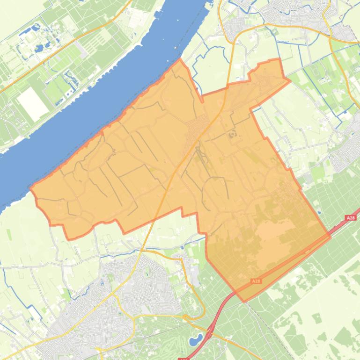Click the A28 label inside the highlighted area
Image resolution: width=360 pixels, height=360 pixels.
pos(256,281)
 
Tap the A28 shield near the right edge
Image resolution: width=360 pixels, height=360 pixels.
pos(350,218)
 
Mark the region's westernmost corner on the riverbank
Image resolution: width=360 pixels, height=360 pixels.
pos(31,188)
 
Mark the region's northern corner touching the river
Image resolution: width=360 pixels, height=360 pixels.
pos(180,59)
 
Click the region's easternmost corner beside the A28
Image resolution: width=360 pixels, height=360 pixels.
pos(331,236)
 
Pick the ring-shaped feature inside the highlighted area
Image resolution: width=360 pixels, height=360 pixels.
pos(233,135)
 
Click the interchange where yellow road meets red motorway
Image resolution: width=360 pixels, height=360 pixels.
pos(209,327)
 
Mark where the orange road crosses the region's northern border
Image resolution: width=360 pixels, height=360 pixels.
pos(228,86)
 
